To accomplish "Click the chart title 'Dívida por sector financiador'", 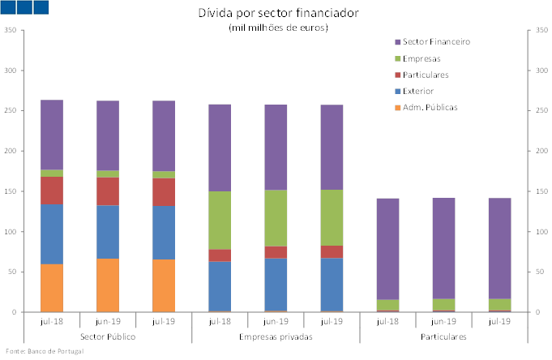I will pos(278,13).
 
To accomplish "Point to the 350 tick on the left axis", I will pos(11,30).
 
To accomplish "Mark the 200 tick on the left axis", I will pos(11,151).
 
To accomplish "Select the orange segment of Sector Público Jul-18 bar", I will pos(52,288).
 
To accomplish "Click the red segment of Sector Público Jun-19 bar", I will pos(108,191).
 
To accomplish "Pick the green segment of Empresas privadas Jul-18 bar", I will pos(220,220).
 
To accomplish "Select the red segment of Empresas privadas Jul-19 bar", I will pos(332,251).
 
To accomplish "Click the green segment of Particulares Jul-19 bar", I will pos(499,305).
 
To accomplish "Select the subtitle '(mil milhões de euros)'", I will pos(278,28).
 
